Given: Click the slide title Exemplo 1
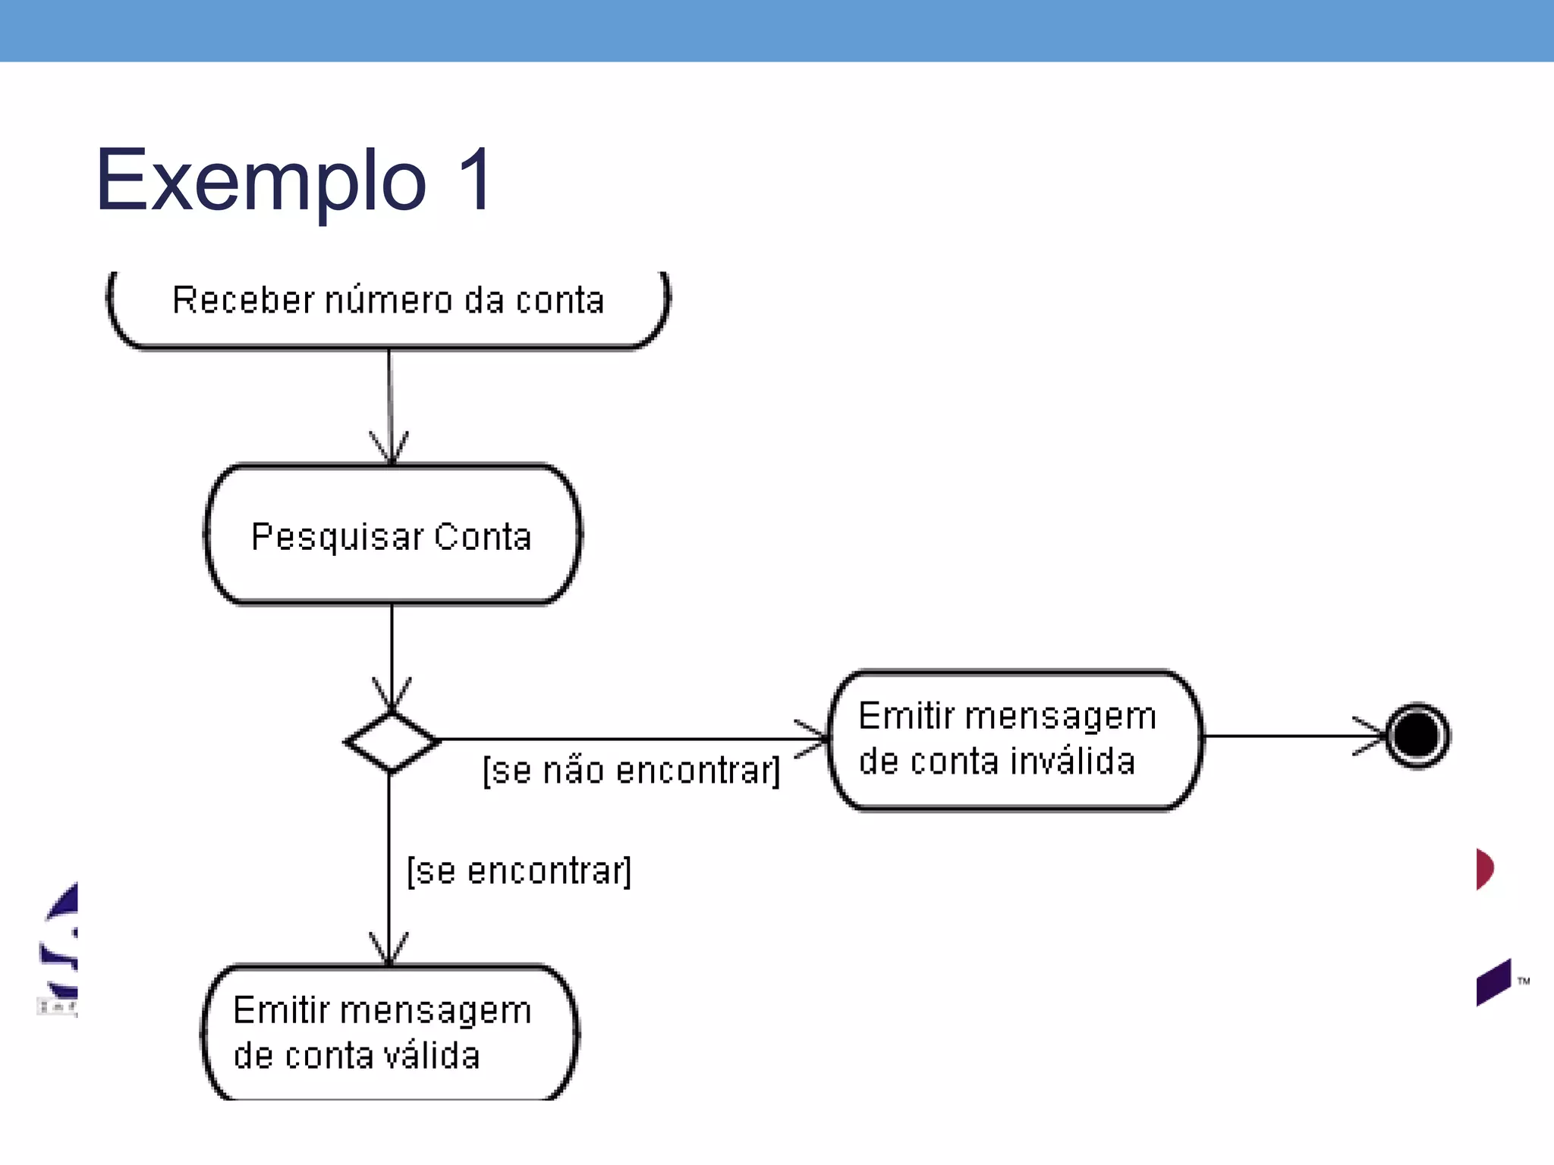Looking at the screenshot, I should click(x=294, y=181).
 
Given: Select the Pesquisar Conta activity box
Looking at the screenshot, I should click(x=392, y=535).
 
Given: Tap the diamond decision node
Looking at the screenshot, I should click(x=392, y=742).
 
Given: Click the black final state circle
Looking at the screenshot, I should click(x=1417, y=736).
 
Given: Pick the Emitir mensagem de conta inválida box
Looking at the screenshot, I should click(x=1015, y=740).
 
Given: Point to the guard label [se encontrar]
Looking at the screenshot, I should click(x=519, y=871).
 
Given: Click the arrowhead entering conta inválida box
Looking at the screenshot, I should click(x=813, y=739).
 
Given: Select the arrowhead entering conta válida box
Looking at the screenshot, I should click(x=389, y=950).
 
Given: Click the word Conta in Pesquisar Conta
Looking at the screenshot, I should click(x=483, y=537).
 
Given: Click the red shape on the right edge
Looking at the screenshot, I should click(x=1485, y=868).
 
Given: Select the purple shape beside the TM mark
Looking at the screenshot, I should click(x=1493, y=982).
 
